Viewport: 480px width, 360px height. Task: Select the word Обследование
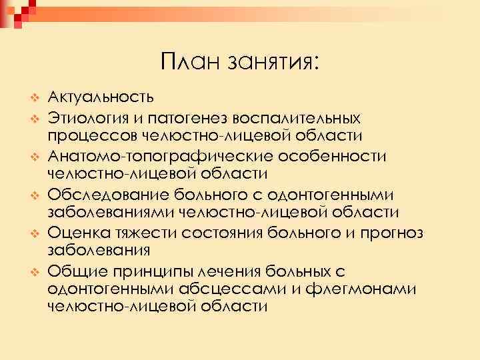[x=108, y=194]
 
